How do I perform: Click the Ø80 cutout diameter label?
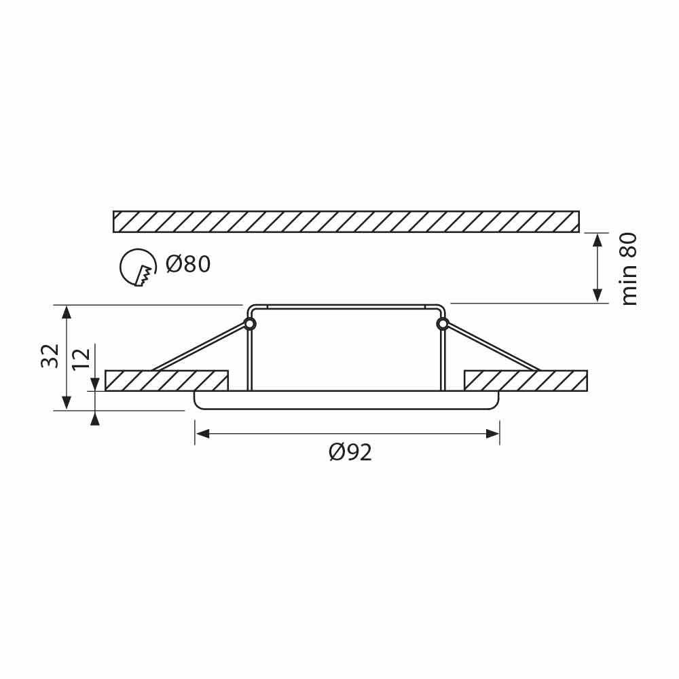click(188, 263)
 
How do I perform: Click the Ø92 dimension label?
click(350, 452)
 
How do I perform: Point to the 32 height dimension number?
click(50, 356)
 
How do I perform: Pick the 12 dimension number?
click(81, 358)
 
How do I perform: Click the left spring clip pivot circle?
click(250, 324)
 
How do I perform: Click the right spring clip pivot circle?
click(443, 324)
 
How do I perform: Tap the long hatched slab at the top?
click(346, 221)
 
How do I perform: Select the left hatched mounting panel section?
click(166, 380)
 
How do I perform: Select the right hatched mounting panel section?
click(526, 380)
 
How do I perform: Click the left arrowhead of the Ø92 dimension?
click(201, 433)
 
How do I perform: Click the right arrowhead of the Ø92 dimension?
click(494, 433)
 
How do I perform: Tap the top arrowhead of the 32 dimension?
click(66, 312)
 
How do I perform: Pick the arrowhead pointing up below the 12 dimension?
click(95, 418)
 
